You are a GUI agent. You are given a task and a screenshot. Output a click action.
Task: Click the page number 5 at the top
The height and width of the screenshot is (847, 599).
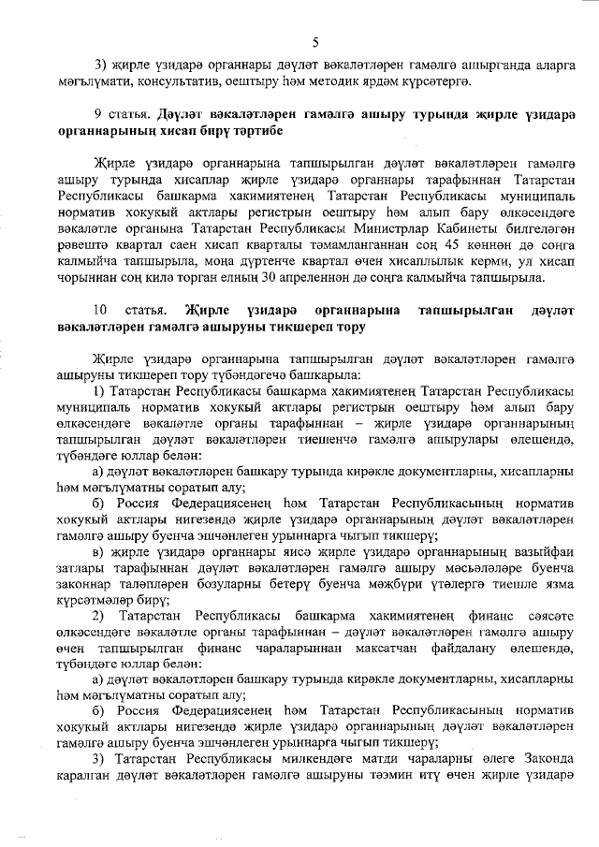316,42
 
